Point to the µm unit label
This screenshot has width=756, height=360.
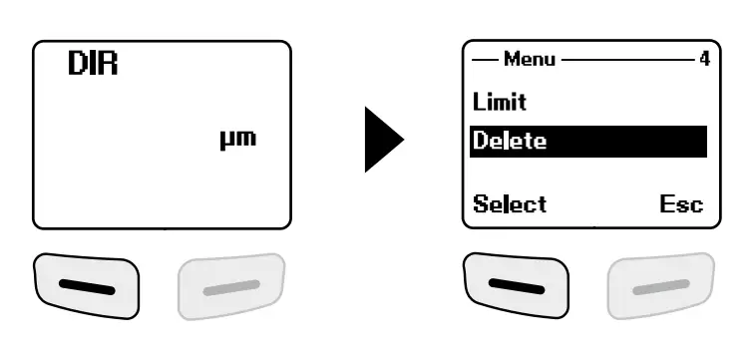[x=236, y=138]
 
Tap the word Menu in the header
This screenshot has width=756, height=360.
[x=531, y=59]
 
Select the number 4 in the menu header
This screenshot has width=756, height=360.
[x=703, y=59]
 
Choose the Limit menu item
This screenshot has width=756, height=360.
[x=500, y=102]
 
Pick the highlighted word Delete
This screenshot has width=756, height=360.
[x=510, y=141]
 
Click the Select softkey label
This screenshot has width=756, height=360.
[x=509, y=204]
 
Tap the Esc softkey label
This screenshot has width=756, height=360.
[x=681, y=204]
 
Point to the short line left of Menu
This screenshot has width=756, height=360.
[x=486, y=59]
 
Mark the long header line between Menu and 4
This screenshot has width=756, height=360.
[x=627, y=59]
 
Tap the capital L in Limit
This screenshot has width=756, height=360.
[x=478, y=102]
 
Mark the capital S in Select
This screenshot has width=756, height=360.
[x=480, y=204]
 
